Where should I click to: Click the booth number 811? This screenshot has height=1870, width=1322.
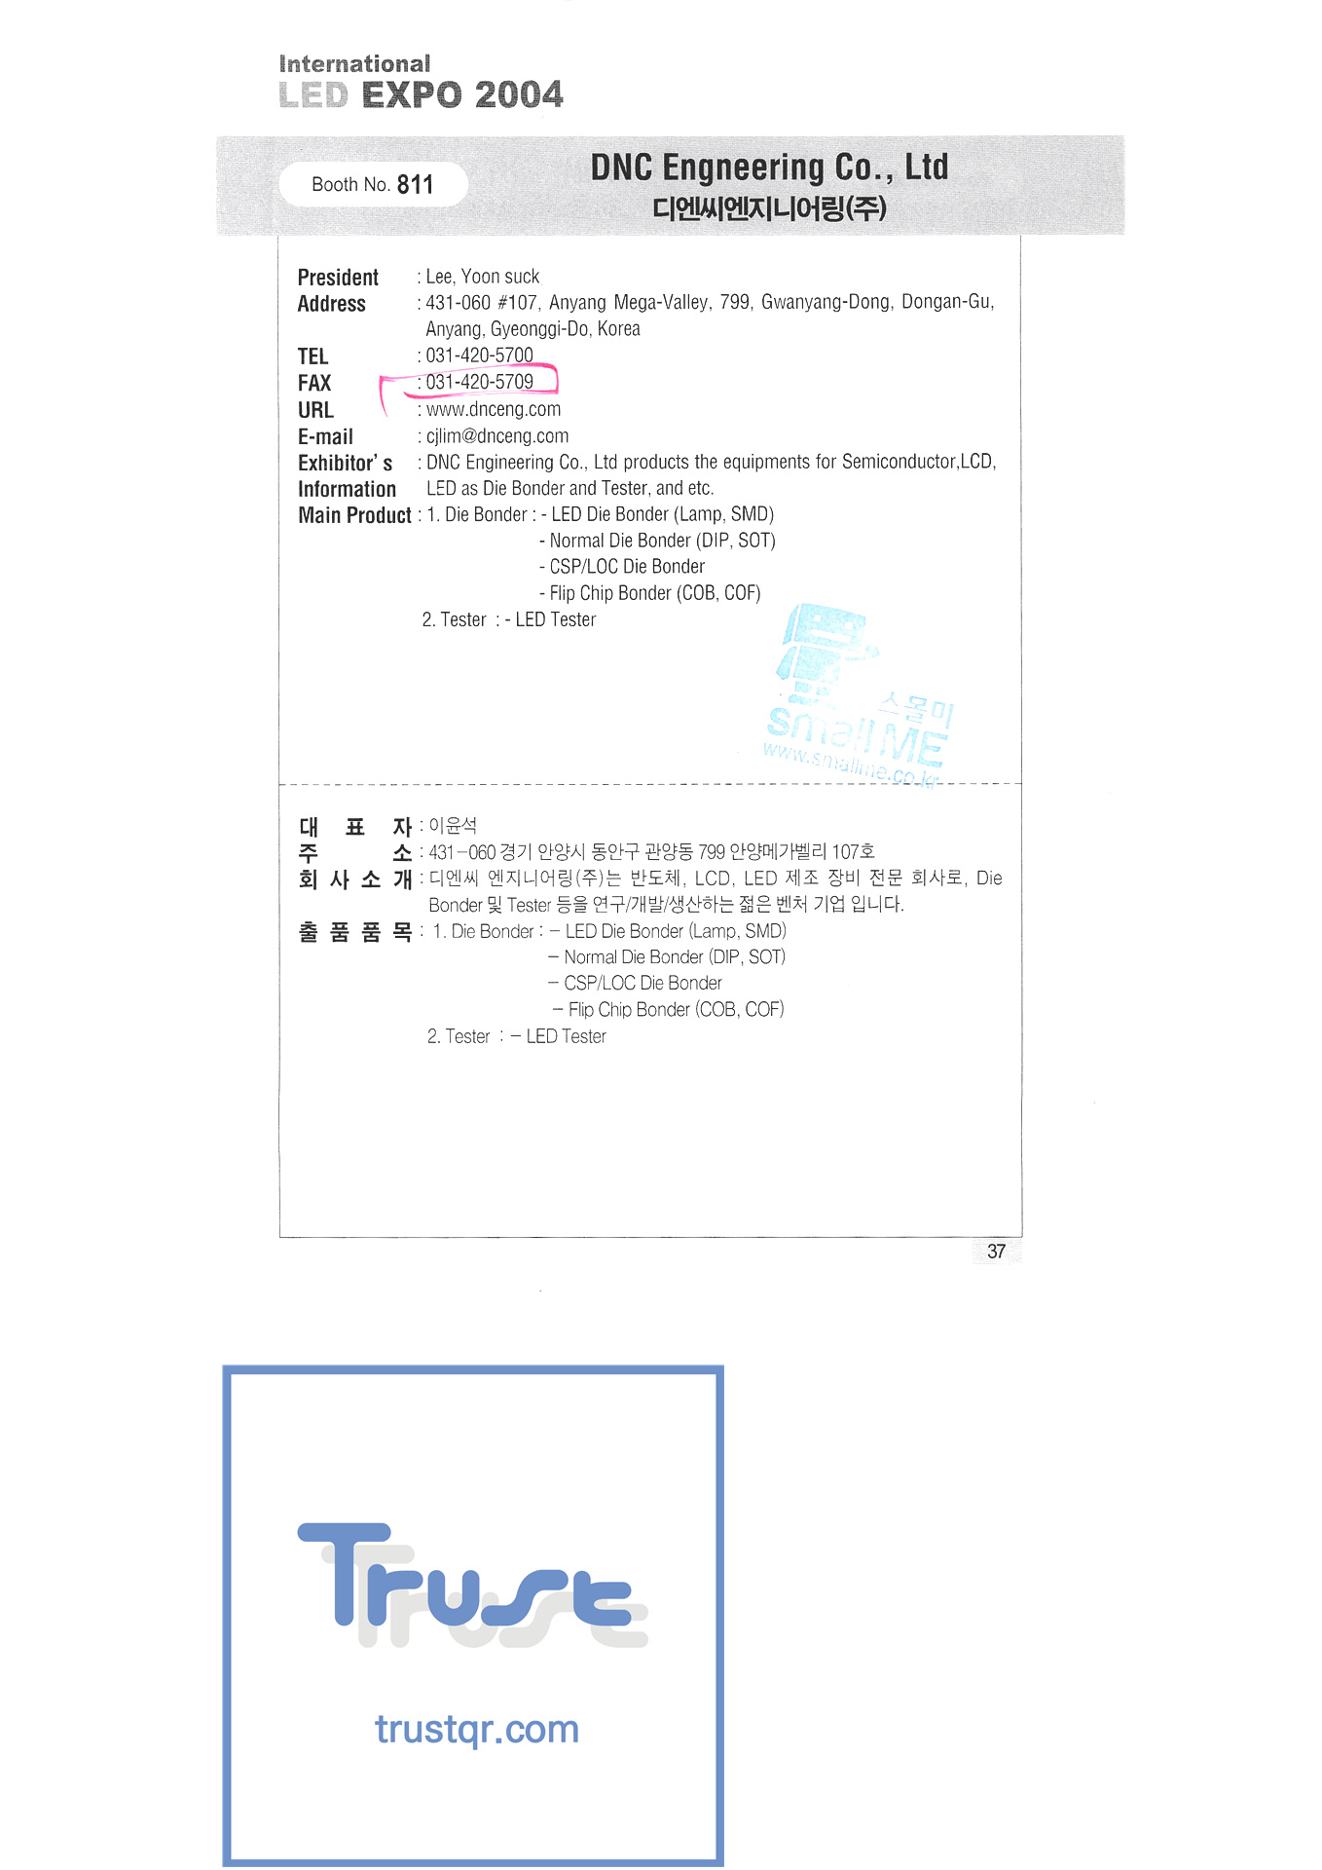click(x=415, y=185)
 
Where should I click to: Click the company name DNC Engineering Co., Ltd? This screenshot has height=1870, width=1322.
click(x=769, y=168)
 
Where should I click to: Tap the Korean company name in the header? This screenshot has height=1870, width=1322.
click(x=769, y=208)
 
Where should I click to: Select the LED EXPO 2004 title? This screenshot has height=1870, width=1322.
click(x=421, y=95)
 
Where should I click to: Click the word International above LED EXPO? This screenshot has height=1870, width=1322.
click(x=354, y=64)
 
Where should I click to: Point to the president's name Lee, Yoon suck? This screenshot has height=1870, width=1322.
click(x=482, y=277)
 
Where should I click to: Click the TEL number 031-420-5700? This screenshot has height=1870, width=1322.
click(x=479, y=355)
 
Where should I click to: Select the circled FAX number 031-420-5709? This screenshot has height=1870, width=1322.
click(x=479, y=382)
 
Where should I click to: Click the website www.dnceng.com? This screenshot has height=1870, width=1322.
click(x=493, y=409)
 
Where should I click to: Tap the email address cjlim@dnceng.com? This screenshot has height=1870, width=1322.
click(x=496, y=436)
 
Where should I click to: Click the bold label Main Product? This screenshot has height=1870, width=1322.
click(x=354, y=515)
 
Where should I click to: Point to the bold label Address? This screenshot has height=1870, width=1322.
click(x=331, y=304)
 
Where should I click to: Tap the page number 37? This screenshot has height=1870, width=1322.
click(x=996, y=1252)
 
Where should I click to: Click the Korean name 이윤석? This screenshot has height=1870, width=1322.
click(x=453, y=826)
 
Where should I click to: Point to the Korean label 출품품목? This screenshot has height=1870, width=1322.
click(x=354, y=932)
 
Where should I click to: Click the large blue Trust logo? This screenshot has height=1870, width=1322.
click(x=472, y=1583)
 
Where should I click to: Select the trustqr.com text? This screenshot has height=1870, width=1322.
click(x=477, y=1730)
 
